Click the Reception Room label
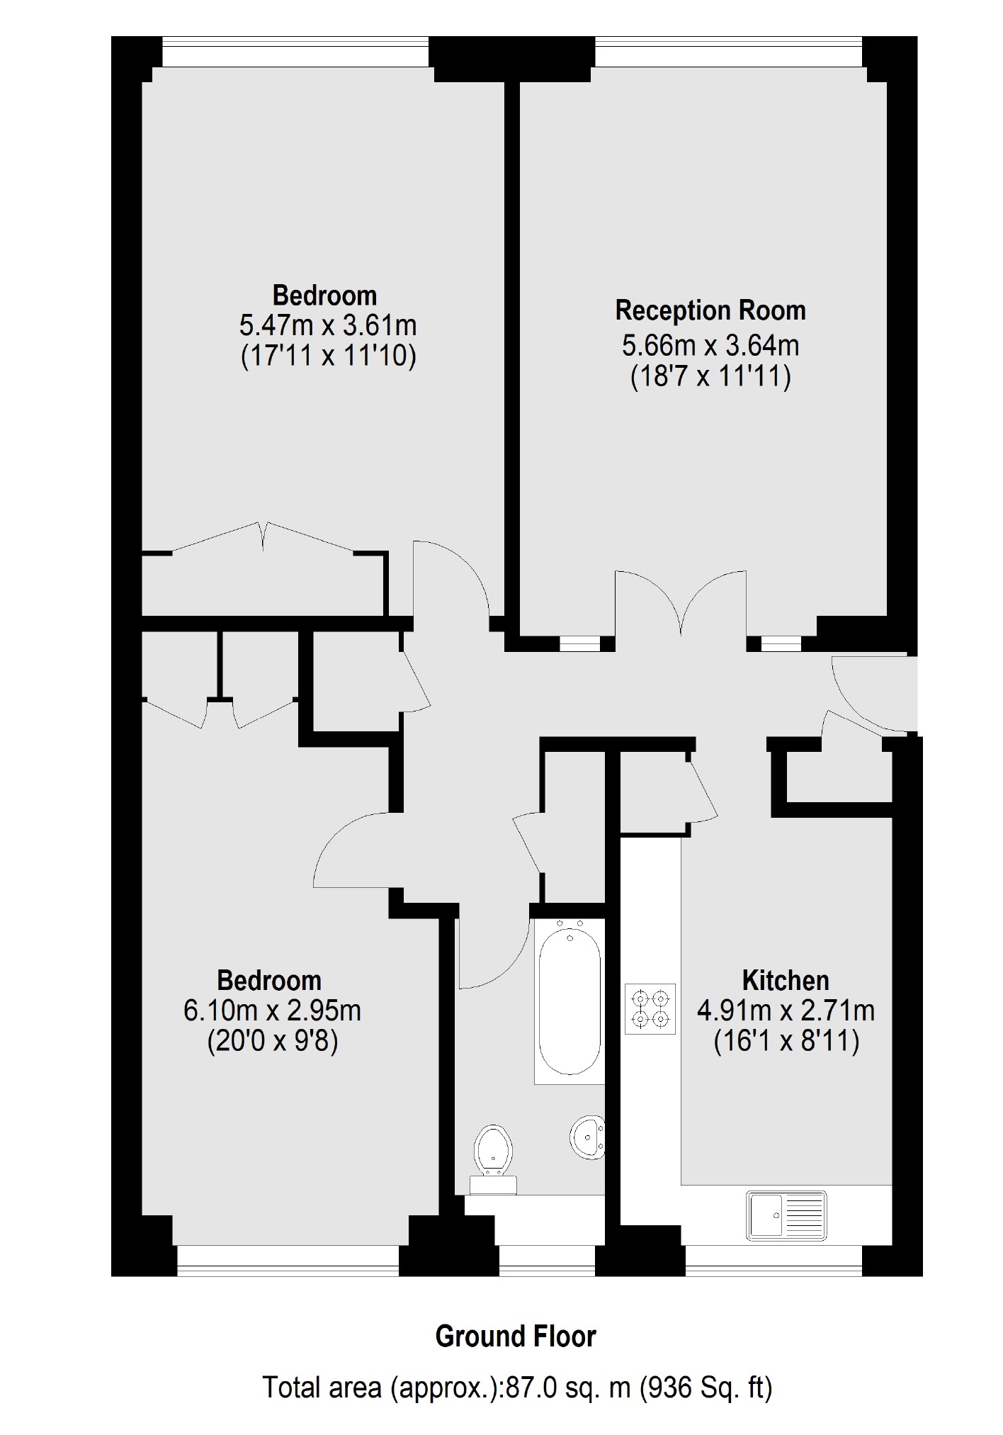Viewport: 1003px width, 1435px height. pyautogui.click(x=710, y=310)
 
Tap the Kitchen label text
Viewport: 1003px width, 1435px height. pyautogui.click(x=786, y=980)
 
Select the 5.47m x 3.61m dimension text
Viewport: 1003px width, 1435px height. pyautogui.click(x=328, y=325)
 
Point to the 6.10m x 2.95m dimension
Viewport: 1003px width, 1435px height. pyautogui.click(x=272, y=1011)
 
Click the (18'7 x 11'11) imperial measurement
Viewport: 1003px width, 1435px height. pyautogui.click(x=710, y=376)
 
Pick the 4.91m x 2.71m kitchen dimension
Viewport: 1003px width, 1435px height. pyautogui.click(x=786, y=1011)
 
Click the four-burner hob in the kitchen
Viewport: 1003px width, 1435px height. pyautogui.click(x=650, y=1009)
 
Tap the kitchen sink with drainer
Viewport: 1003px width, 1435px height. pyautogui.click(x=786, y=1215)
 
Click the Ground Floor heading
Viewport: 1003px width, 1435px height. pyautogui.click(x=516, y=1336)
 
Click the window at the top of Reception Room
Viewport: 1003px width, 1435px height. pyautogui.click(x=728, y=51)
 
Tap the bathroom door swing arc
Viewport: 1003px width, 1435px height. pyautogui.click(x=492, y=953)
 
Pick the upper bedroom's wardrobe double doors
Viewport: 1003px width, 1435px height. pyautogui.click(x=263, y=539)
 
